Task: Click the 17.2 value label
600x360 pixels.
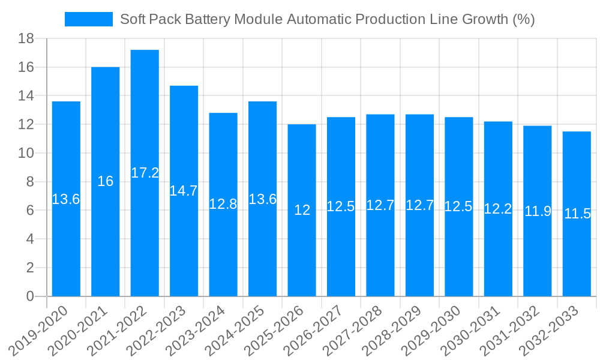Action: pyautogui.click(x=145, y=173)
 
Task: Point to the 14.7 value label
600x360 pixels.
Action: pyautogui.click(x=184, y=191)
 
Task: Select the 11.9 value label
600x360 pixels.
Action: pyautogui.click(x=538, y=211)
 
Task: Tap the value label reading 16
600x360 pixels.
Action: pyautogui.click(x=105, y=181)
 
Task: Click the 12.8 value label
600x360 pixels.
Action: pyautogui.click(x=223, y=204)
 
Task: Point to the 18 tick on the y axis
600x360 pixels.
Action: pyautogui.click(x=26, y=39)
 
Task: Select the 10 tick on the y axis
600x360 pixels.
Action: pyautogui.click(x=26, y=154)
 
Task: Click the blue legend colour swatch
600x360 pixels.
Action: pyautogui.click(x=88, y=19)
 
